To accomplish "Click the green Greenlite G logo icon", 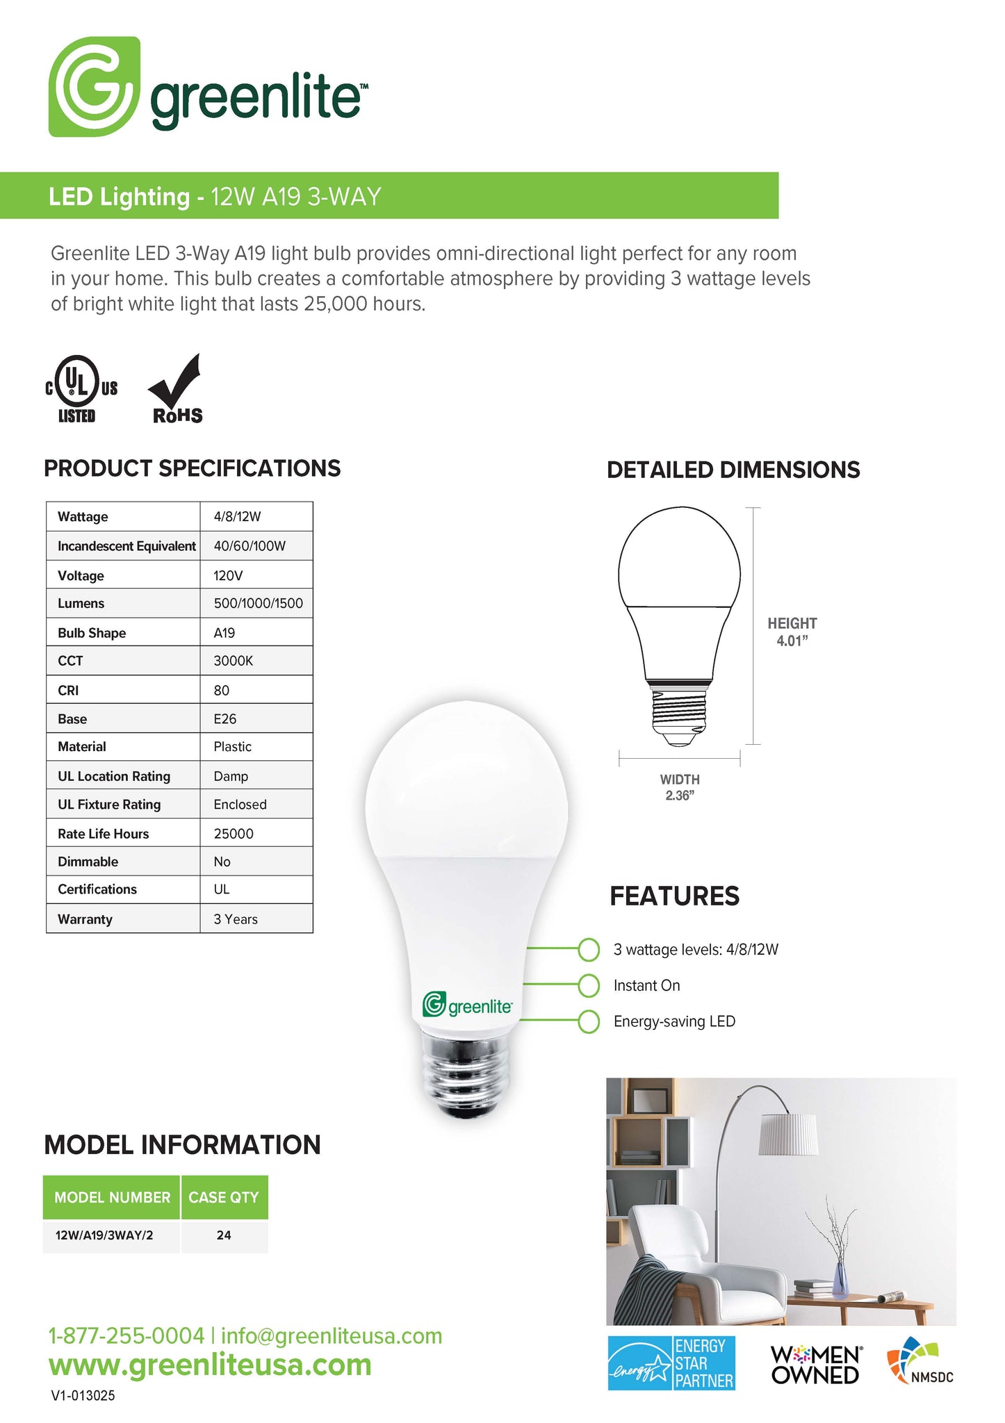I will tap(94, 87).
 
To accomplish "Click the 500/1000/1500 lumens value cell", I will tap(258, 603).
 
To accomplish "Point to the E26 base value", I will tap(224, 719).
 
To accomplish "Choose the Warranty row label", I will tap(85, 919).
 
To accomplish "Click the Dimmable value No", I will tap(222, 862).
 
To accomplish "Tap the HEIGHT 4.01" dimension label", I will tap(792, 632).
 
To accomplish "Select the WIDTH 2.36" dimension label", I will tap(679, 787).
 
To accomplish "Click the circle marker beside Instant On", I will tap(589, 985).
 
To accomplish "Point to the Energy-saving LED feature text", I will tap(673, 1021).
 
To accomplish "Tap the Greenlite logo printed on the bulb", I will tap(467, 1005).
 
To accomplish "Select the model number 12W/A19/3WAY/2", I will tap(104, 1235).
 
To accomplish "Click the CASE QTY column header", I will tap(223, 1197).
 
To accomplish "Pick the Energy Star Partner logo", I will tap(671, 1363).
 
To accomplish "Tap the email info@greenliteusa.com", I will tap(331, 1335).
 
